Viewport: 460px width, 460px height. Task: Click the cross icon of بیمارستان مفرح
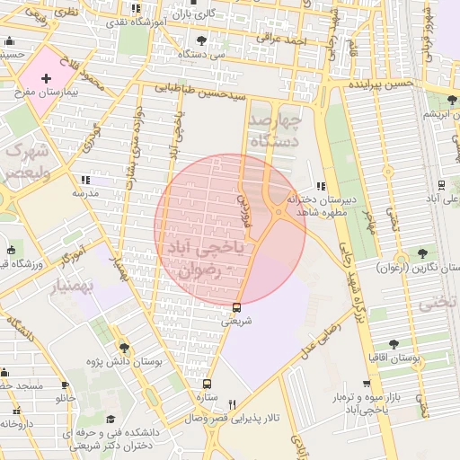[46, 80]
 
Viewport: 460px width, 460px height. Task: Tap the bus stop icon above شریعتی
[236, 307]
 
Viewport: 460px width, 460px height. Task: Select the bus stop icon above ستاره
[208, 383]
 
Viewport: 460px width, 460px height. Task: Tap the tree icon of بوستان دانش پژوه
[124, 348]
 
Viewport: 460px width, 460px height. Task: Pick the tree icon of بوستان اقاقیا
[394, 344]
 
